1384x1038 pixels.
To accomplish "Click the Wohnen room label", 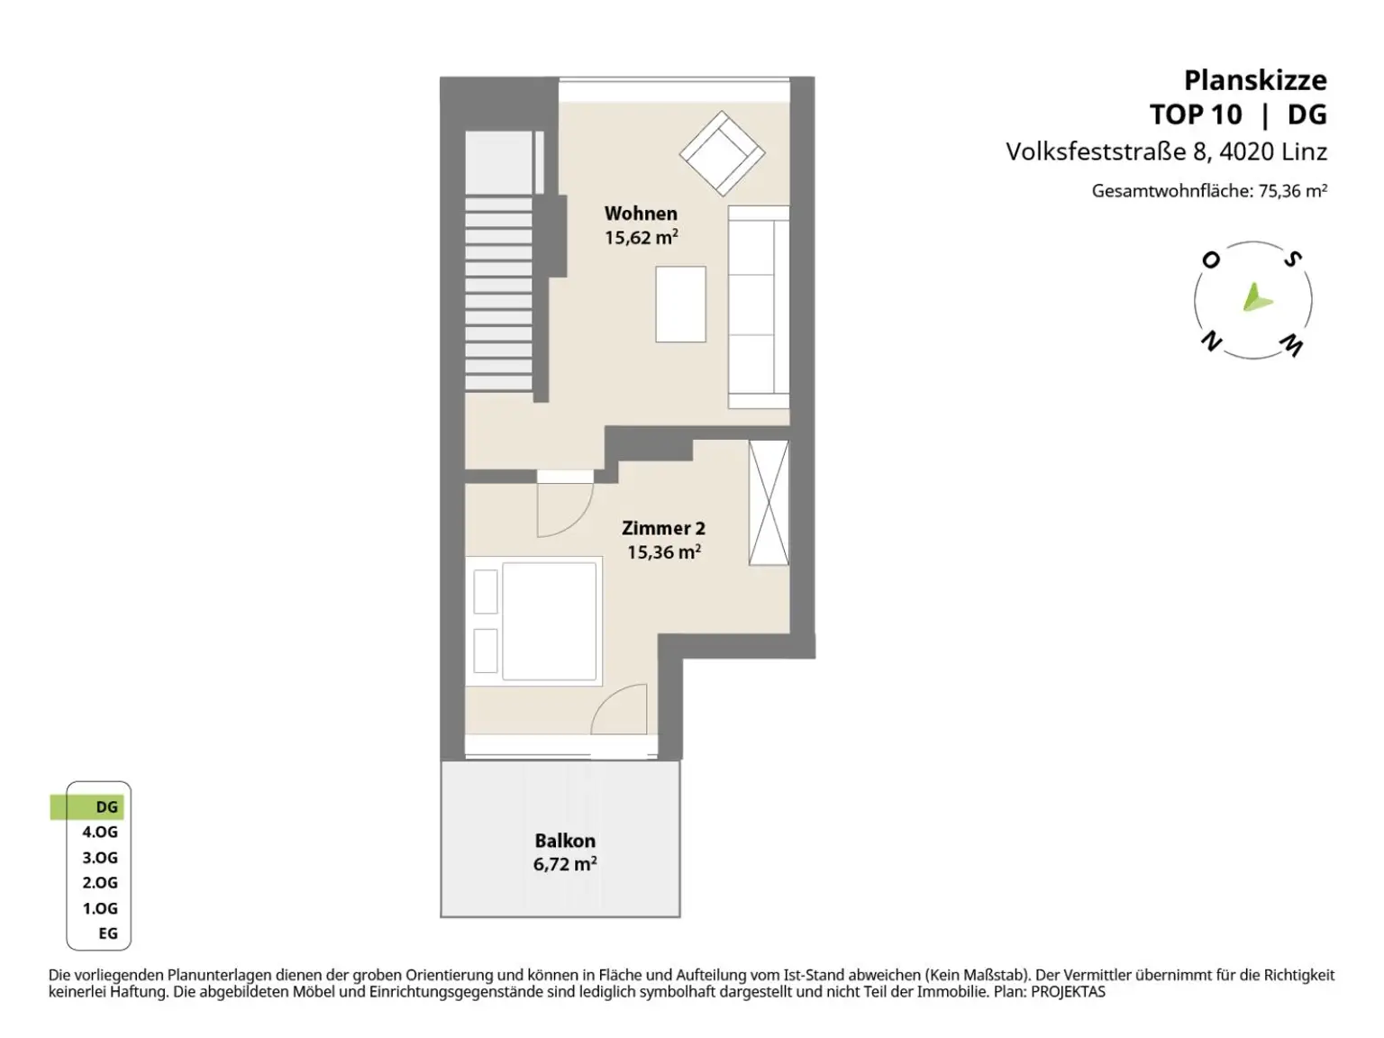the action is coord(640,213).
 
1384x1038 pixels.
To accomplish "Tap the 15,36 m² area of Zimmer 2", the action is coord(663,551).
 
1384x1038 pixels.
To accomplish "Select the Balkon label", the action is coord(564,840).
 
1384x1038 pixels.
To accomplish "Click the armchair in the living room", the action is coord(722,153).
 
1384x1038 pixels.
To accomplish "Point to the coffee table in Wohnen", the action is coord(679,304).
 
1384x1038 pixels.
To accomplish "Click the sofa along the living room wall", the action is coord(758,307).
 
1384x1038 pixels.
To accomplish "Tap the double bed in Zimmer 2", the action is coord(533,621).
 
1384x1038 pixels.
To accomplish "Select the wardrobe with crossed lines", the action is coord(768,502).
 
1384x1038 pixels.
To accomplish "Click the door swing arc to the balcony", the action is coord(618,708).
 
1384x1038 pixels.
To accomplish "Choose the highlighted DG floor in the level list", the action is coord(87,806).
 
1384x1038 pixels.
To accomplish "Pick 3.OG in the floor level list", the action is coord(100,857).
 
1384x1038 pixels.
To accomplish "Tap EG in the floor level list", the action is coord(108,933).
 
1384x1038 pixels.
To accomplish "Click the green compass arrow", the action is coord(1256,297).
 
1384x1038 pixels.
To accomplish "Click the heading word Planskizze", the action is coord(1255,80).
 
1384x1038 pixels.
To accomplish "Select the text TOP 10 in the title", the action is coord(1196,114).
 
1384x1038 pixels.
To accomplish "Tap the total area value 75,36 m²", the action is coord(1293,190).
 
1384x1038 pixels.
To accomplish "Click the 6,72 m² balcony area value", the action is coord(564,863).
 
